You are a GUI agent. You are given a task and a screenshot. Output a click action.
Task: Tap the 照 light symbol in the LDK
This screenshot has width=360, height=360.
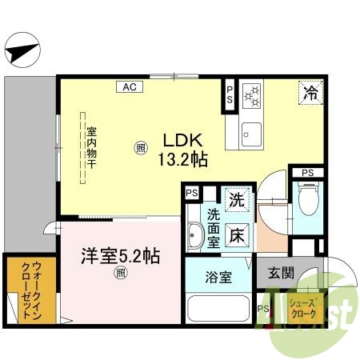click(140, 146)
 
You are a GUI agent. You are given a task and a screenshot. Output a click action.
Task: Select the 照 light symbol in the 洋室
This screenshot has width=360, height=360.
click(121, 274)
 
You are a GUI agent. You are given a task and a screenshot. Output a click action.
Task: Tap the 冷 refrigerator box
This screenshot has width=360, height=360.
click(310, 93)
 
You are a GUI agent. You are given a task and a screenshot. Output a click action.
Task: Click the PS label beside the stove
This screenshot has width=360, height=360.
click(230, 94)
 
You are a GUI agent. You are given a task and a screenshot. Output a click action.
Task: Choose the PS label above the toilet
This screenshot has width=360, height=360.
click(307, 171)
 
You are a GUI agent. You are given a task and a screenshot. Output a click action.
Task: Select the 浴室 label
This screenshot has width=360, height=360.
click(218, 278)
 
